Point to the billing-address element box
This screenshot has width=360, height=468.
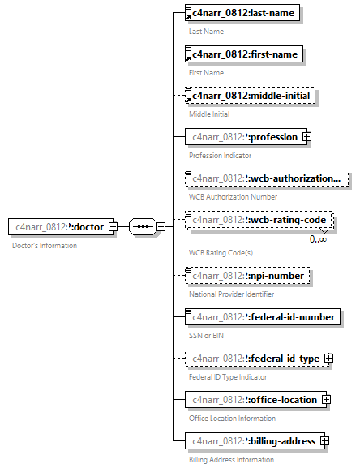click(x=252, y=440)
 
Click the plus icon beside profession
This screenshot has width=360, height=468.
click(x=306, y=136)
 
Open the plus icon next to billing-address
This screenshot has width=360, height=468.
click(x=324, y=440)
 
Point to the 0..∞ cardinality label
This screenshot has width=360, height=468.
click(x=318, y=238)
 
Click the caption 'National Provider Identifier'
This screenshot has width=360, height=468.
click(x=229, y=294)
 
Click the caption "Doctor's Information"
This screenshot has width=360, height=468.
click(x=45, y=245)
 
